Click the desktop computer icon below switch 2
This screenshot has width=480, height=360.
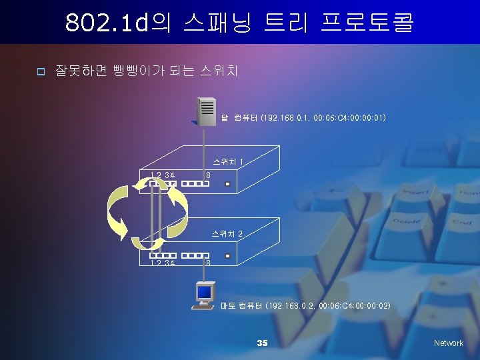click(203, 296)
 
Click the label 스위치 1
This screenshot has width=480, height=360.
click(227, 161)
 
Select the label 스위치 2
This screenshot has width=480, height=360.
click(227, 234)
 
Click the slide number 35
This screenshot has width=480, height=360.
click(262, 343)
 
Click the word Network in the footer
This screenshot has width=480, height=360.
click(448, 343)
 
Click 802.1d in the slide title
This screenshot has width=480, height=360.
click(107, 23)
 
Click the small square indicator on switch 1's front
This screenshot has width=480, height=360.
click(227, 183)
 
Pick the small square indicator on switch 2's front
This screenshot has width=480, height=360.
click(227, 255)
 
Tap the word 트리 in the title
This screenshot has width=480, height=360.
click(289, 23)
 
